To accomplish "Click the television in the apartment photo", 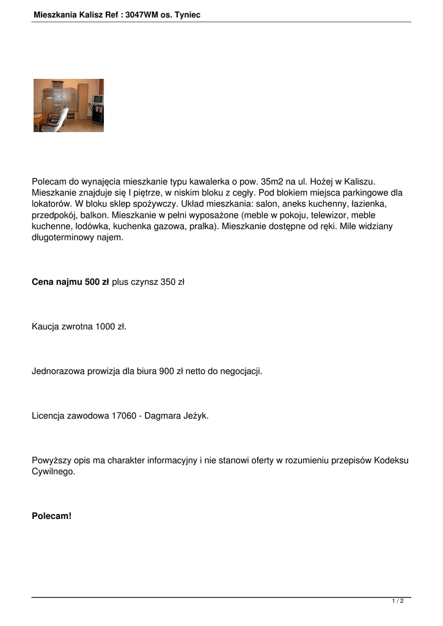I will pyautogui.click(x=98, y=99).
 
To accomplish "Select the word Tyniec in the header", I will pyautogui.click(x=187, y=14).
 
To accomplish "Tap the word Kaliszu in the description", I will pyautogui.click(x=358, y=182).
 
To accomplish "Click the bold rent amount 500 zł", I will pyautogui.click(x=96, y=282).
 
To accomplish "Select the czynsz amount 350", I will pyautogui.click(x=167, y=282).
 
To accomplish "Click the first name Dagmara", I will pyautogui.click(x=161, y=416).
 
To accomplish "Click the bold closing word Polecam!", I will pyautogui.click(x=51, y=516).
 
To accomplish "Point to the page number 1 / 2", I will pyautogui.click(x=398, y=602).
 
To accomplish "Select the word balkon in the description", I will pyautogui.click(x=96, y=215).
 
